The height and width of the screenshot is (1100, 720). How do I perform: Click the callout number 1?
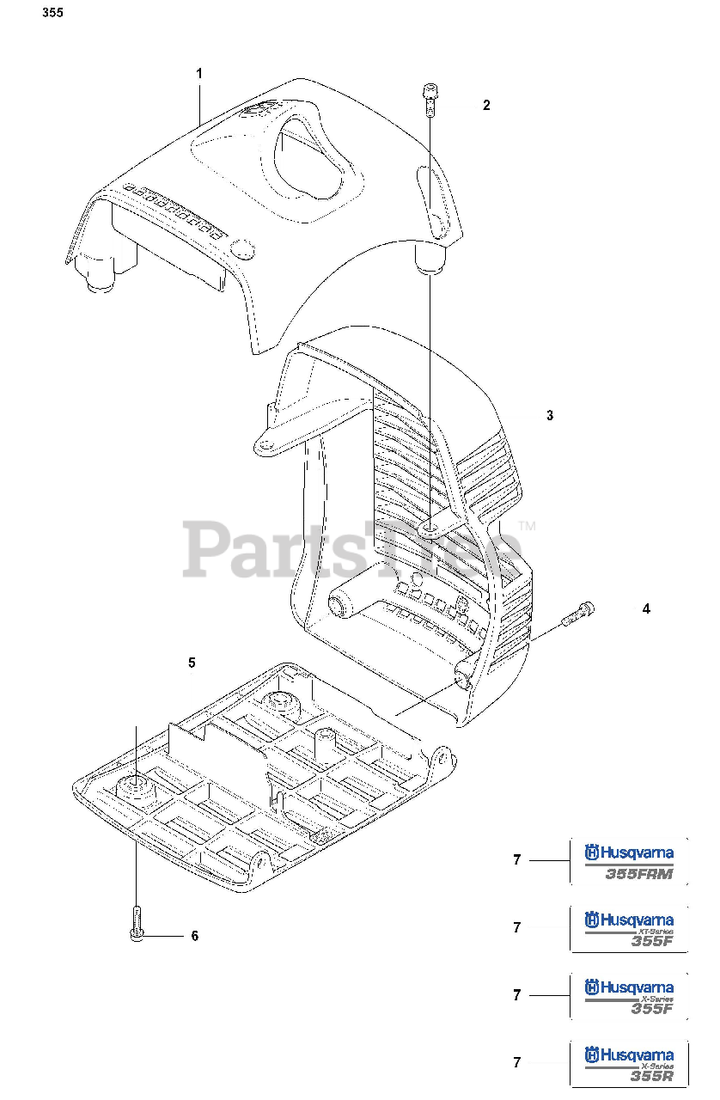tap(199, 74)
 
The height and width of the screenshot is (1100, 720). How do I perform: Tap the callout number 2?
tap(486, 106)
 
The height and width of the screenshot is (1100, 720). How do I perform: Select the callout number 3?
tap(550, 415)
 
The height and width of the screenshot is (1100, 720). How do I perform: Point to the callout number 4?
tap(645, 608)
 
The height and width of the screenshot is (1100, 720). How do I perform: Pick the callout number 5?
tap(192, 663)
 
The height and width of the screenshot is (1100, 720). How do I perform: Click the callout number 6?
tap(194, 936)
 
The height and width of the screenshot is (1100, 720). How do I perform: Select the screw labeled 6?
tap(136, 925)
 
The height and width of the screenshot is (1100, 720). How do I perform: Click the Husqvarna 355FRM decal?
tap(628, 860)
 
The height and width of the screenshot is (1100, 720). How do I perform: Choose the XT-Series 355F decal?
tap(628, 928)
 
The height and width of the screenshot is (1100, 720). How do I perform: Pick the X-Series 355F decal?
tap(628, 996)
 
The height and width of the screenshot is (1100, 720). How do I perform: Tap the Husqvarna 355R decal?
tap(628, 1063)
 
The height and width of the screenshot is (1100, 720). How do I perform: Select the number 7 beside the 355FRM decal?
tap(516, 859)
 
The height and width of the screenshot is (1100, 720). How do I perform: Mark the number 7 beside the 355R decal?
tap(516, 1063)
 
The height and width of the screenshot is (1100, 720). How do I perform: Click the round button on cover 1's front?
tap(244, 250)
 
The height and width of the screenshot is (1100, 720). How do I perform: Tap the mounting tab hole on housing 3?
tap(266, 445)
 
